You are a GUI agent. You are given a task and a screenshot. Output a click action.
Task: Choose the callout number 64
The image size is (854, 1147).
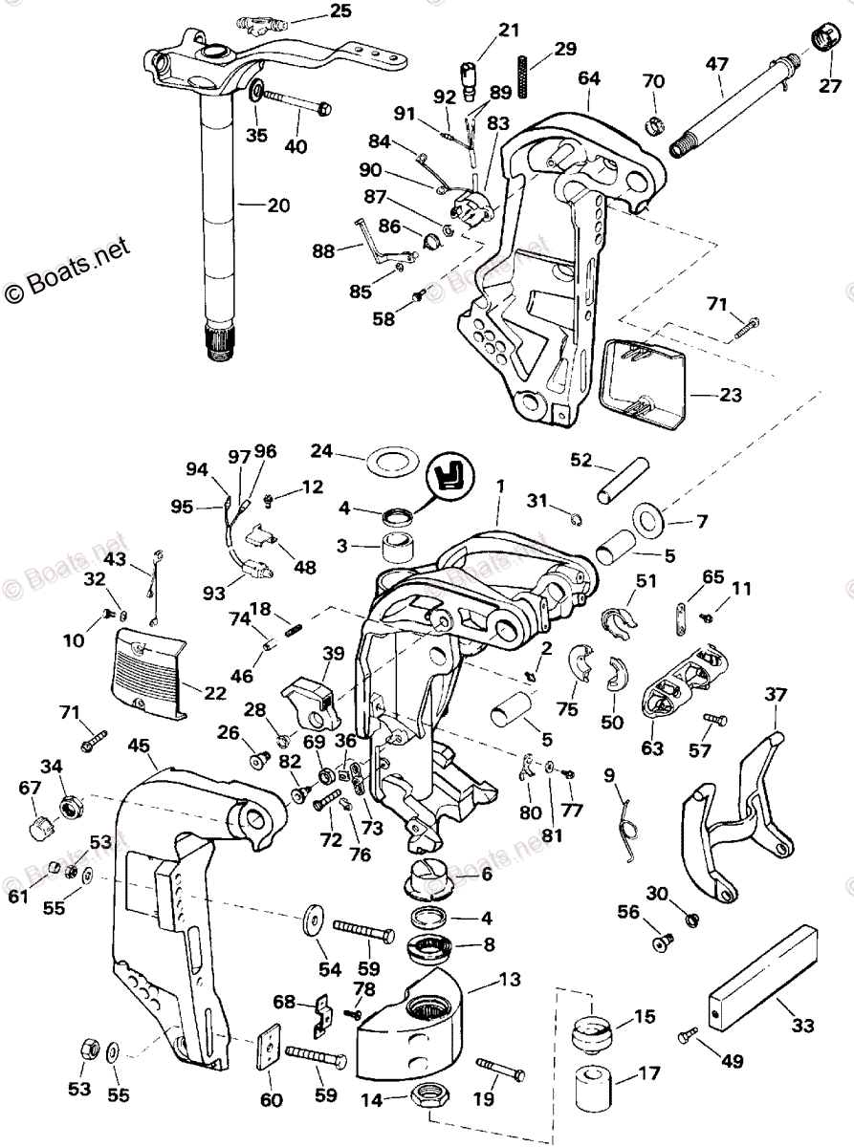pos(588,77)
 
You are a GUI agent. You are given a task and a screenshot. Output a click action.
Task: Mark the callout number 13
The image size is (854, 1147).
pos(509,979)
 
